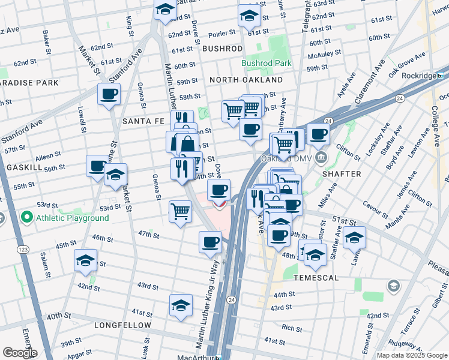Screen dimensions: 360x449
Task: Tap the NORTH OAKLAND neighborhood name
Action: (246, 80)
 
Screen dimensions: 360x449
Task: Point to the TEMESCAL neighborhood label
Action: (316, 278)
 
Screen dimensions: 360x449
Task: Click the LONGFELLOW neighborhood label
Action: (122, 325)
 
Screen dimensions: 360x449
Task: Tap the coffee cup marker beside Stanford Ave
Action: (109, 94)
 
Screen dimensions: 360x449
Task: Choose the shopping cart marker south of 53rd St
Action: (180, 212)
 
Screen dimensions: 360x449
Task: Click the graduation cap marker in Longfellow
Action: (180, 306)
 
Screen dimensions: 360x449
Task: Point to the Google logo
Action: (19, 353)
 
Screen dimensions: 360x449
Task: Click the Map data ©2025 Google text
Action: (411, 355)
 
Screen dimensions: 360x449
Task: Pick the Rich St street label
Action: (292, 328)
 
